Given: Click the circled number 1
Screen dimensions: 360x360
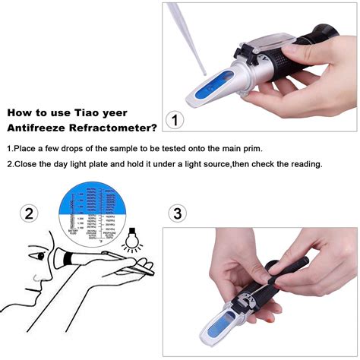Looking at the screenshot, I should click(176, 119).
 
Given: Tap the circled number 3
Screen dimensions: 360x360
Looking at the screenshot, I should click(178, 213).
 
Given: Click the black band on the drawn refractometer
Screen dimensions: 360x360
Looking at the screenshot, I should click(68, 259).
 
